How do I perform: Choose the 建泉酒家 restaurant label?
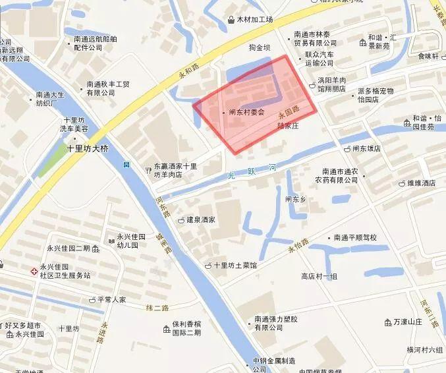200,219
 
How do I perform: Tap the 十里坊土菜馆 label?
235,266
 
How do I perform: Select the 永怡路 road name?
298,246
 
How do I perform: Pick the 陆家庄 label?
288,125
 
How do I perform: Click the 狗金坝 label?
260,47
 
